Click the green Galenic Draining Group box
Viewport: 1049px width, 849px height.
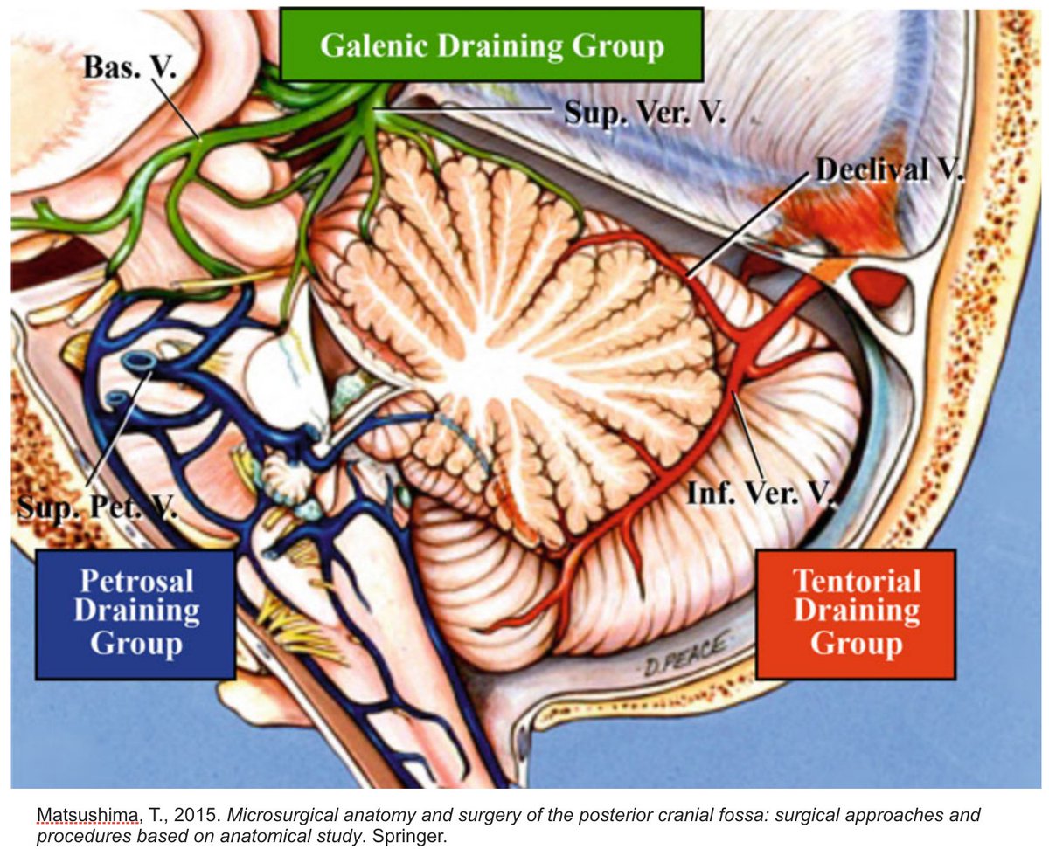point(491,45)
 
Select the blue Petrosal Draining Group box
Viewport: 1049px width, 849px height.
point(135,614)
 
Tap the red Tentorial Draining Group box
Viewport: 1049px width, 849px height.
point(855,614)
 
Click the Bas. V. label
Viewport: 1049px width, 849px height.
point(129,68)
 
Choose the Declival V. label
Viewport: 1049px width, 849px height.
point(887,170)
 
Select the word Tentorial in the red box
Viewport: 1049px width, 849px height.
point(855,582)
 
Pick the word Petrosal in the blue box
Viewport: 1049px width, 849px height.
point(135,582)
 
